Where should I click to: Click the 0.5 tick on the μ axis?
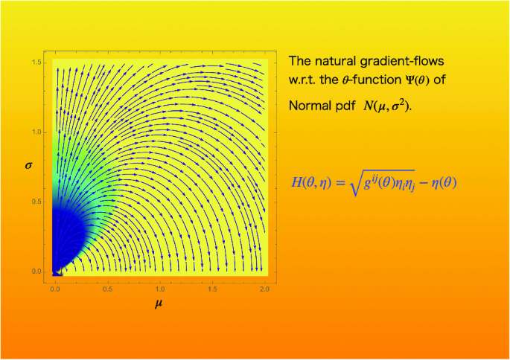[107, 286]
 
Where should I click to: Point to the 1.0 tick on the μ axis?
[160, 286]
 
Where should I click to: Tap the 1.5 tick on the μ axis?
[213, 286]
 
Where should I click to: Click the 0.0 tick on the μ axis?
[55, 286]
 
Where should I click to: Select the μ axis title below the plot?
[158, 304]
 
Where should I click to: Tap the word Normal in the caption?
[309, 106]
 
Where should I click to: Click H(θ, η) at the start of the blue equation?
[310, 181]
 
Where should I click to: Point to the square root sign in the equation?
[345, 181]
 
